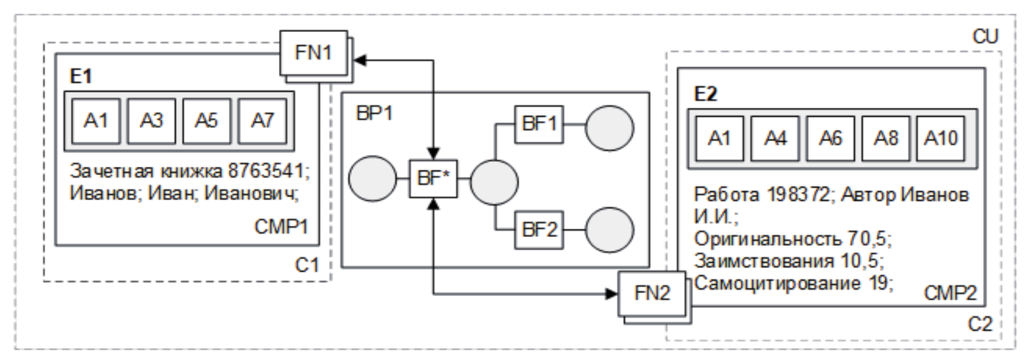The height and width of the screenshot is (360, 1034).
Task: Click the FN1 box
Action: click(x=314, y=53)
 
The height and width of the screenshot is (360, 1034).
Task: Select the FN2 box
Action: click(x=653, y=293)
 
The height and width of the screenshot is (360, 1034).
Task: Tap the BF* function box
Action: click(x=433, y=179)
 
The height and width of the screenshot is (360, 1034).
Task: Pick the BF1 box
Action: click(x=539, y=124)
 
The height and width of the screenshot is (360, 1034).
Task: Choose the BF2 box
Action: click(x=539, y=230)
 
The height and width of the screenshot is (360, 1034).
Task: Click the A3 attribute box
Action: click(x=151, y=120)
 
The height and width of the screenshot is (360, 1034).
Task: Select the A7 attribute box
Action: click(x=262, y=120)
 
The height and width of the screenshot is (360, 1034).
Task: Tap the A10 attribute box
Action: click(x=941, y=138)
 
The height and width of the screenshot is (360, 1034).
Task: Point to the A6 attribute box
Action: click(x=830, y=138)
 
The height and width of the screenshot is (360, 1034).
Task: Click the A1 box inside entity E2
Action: click(x=719, y=138)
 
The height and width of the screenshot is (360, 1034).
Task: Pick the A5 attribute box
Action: click(x=206, y=120)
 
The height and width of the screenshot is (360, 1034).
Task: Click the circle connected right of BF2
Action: click(x=609, y=230)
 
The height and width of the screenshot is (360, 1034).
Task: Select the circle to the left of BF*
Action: click(x=372, y=179)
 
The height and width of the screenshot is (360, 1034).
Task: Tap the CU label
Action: click(x=985, y=37)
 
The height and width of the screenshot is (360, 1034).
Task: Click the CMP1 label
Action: click(x=282, y=226)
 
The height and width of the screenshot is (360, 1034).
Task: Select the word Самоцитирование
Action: click(x=776, y=283)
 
